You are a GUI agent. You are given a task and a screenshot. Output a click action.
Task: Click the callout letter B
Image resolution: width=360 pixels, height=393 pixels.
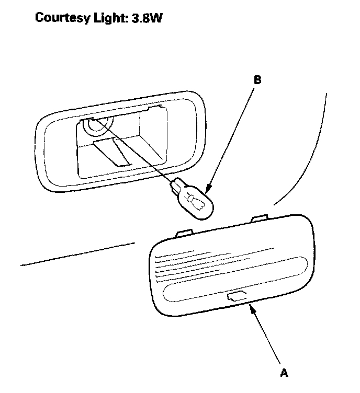tap(257, 80)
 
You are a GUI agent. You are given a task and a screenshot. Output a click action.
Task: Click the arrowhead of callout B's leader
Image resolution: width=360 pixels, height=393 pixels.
tap(208, 190)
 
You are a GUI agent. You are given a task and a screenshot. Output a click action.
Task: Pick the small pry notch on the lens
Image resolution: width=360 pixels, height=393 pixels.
tap(234, 297)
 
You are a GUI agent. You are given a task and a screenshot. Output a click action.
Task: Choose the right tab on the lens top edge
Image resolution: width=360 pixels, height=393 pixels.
tap(258, 216)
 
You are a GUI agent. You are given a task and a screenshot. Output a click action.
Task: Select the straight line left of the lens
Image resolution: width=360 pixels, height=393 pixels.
tap(78, 254)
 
